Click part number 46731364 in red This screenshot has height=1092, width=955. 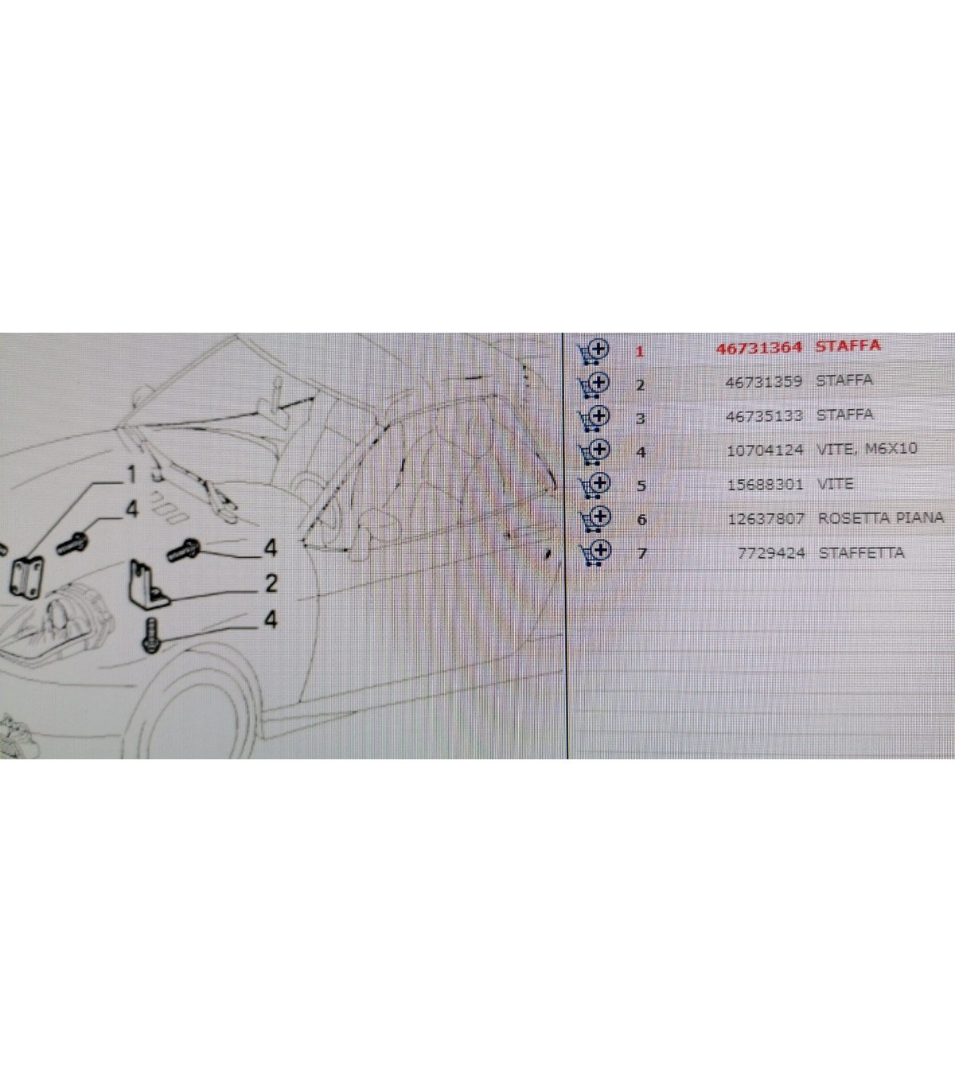coord(758,349)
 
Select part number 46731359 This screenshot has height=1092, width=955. coord(763,381)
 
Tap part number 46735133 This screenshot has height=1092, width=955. coord(764,415)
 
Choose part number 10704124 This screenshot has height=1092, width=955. coord(765,450)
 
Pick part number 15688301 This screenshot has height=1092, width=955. coord(765,485)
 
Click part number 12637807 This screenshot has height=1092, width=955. coord(766,518)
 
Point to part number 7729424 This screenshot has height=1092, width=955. coord(771,553)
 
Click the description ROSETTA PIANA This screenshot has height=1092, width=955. coord(881,517)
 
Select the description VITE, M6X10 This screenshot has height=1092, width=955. coord(867,448)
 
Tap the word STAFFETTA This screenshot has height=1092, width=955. coord(862,552)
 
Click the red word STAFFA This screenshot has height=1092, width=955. coord(848,346)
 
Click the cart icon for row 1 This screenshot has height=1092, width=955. coord(593,351)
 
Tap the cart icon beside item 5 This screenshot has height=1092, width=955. coord(594,486)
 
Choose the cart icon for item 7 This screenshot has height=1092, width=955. coord(595,552)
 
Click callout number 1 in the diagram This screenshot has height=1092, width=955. coord(131,474)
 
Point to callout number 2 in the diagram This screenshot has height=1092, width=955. coord(271,583)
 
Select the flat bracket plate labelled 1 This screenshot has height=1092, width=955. coord(27,577)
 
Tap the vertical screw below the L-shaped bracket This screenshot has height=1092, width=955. coord(151,635)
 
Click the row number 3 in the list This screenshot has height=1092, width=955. coord(640,419)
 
